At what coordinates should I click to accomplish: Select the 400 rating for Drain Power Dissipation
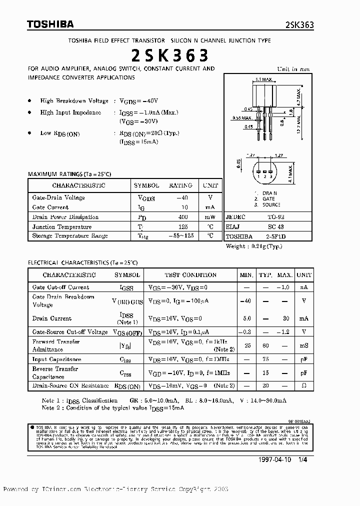point(184,217)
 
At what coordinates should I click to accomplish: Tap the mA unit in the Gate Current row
point(210,207)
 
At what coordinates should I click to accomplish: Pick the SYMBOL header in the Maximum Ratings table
point(146,185)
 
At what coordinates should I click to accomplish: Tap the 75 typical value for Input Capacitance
point(266,359)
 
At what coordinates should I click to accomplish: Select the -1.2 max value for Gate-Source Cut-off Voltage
point(284,332)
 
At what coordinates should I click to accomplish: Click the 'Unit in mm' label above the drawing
point(293,69)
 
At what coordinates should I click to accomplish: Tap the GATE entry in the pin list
point(268,198)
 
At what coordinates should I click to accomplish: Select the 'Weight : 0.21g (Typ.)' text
point(254,246)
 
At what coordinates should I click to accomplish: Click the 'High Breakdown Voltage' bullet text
point(74,100)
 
